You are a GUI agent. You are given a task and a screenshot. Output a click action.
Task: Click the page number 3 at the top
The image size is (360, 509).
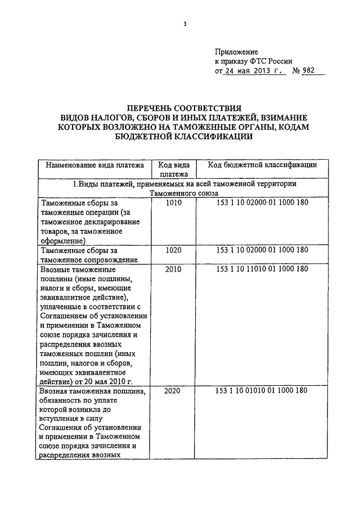point(184,24)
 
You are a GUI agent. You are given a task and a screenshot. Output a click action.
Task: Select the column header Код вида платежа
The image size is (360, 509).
point(174,170)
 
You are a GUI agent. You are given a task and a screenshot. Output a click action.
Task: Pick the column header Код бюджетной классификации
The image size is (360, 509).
point(262,165)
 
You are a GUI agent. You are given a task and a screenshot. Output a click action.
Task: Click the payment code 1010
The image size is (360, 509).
point(174,203)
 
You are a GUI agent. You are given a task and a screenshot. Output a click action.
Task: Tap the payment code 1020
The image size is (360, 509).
point(174,250)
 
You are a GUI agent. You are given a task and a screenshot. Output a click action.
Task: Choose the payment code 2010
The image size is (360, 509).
point(174,269)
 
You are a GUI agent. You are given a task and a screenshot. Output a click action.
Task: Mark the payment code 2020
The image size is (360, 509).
point(174,391)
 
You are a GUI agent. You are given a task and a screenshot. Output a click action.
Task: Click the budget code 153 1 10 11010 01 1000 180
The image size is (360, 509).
point(262,269)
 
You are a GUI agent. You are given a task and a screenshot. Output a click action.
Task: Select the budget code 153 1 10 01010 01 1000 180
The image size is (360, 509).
point(262,391)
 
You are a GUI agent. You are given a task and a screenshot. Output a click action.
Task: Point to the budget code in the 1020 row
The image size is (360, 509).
point(262,250)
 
